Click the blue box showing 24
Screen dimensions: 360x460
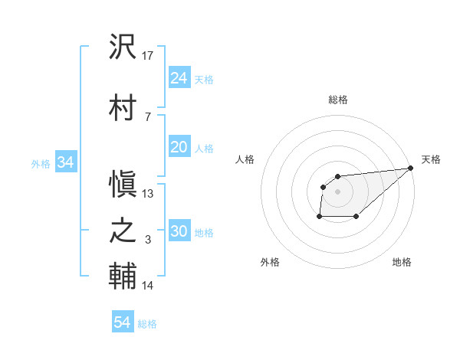click(179, 78)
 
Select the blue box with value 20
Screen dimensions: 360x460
click(179, 147)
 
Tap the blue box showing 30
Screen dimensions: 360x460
click(179, 232)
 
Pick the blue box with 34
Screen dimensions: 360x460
click(65, 162)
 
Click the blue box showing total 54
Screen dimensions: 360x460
click(122, 323)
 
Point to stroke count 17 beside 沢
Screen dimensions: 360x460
click(149, 55)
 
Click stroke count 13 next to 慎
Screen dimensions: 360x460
click(149, 193)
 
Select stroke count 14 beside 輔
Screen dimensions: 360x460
click(148, 286)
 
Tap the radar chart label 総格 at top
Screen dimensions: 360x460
click(338, 100)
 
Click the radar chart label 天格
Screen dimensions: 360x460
click(431, 159)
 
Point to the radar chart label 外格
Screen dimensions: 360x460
click(270, 262)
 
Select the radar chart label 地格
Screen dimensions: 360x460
click(402, 262)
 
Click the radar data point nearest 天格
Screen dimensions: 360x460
click(411, 168)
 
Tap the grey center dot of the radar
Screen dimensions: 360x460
click(337, 191)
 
